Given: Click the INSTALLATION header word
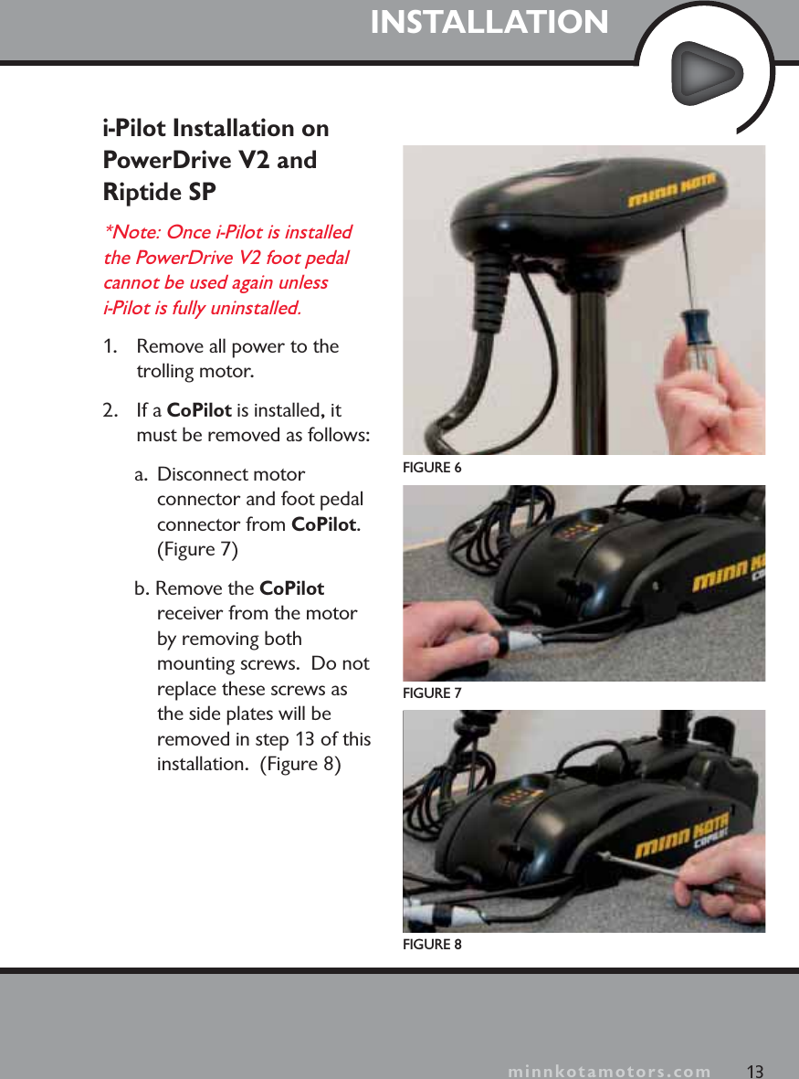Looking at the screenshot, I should tap(489, 23).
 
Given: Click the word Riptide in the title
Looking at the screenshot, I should tap(136, 193).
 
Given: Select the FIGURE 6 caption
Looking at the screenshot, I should tap(433, 468).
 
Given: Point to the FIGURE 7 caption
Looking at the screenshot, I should tap(433, 693).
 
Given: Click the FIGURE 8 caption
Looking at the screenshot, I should tap(433, 944).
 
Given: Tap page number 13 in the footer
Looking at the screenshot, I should tap(754, 1071).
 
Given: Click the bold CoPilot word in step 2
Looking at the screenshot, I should tap(198, 410).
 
